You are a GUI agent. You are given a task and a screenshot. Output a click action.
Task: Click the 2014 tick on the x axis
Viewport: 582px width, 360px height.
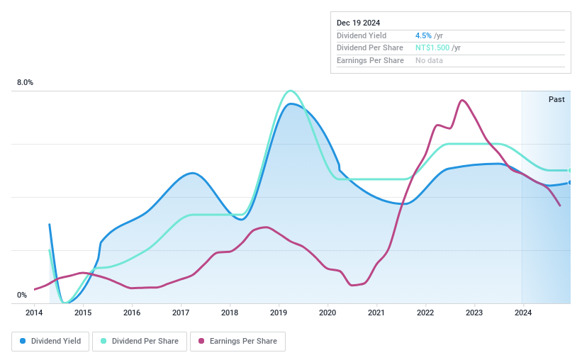34,313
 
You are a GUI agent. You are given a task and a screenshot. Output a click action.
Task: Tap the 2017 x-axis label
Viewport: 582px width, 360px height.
181,313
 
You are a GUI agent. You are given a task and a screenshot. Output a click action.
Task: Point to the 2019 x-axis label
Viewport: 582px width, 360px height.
279,313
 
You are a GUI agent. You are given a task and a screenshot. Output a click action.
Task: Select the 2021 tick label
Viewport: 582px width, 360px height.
376,313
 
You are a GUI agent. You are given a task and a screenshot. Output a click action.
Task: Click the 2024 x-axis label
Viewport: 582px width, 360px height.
522,313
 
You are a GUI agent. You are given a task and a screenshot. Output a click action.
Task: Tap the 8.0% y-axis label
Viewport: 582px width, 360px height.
25,83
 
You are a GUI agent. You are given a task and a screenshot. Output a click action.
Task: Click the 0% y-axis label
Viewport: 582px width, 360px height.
22,295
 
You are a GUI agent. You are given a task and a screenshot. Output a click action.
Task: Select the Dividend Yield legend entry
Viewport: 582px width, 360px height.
50,342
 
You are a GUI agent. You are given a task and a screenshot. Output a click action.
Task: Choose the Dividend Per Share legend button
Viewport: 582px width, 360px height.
140,342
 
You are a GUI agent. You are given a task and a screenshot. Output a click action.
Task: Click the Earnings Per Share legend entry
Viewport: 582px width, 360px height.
237,342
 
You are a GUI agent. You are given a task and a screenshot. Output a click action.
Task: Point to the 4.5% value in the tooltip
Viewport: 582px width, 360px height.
423,35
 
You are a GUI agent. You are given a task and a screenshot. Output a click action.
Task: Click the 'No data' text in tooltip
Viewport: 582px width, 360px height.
430,61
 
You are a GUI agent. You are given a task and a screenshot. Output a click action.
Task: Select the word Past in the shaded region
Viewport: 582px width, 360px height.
556,99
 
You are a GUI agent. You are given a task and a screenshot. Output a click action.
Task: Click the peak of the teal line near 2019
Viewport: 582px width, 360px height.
289,91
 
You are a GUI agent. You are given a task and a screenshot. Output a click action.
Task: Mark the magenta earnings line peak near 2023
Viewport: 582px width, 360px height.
462,100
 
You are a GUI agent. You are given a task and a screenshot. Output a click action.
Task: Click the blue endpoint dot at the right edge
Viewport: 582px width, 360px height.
570,183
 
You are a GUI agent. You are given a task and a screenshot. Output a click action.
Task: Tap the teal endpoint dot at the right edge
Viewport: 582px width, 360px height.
570,170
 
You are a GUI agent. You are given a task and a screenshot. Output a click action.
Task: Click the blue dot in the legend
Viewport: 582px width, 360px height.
23,342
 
